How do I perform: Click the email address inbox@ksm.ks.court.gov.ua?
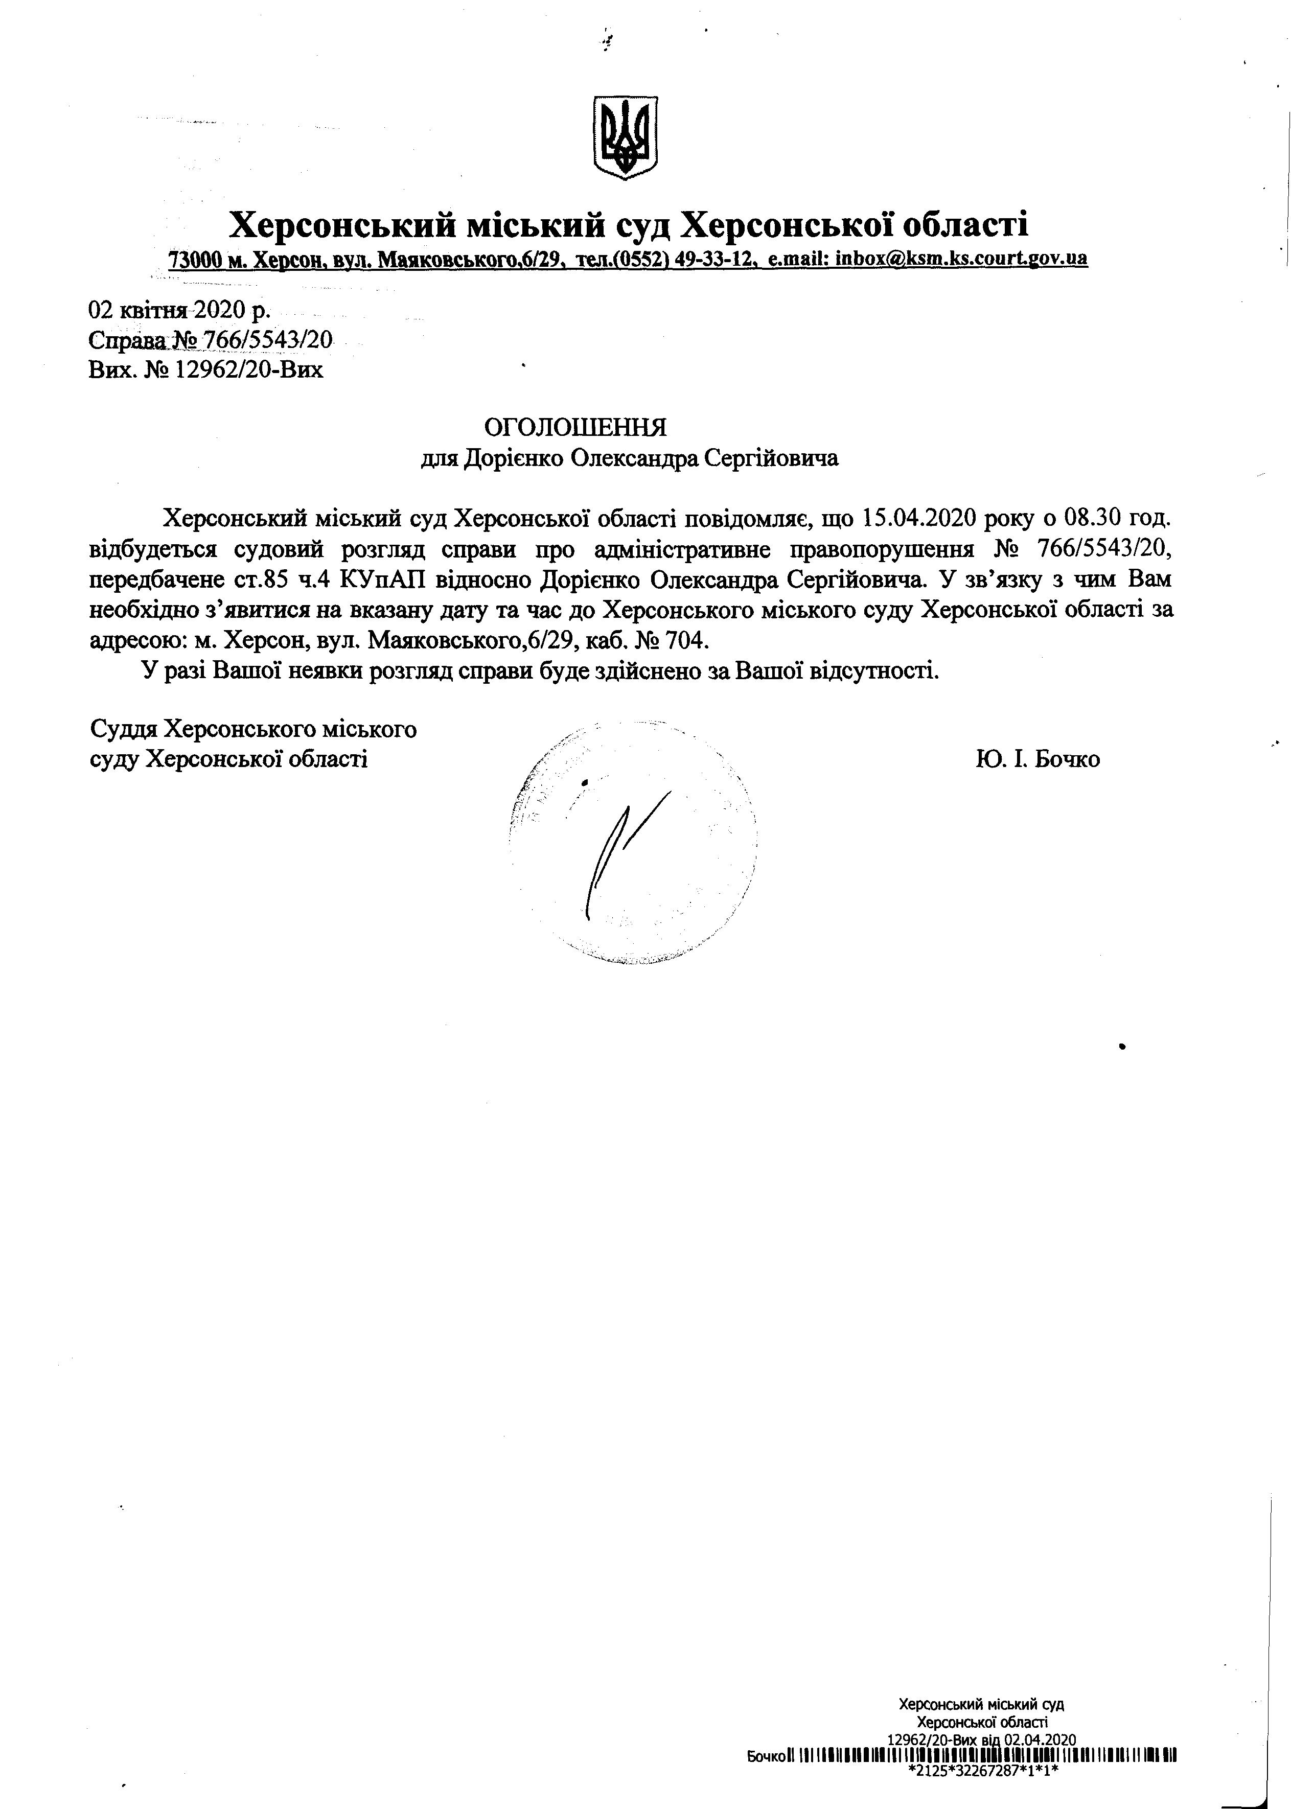[x=961, y=258]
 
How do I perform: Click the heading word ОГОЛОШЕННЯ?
[x=575, y=428]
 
